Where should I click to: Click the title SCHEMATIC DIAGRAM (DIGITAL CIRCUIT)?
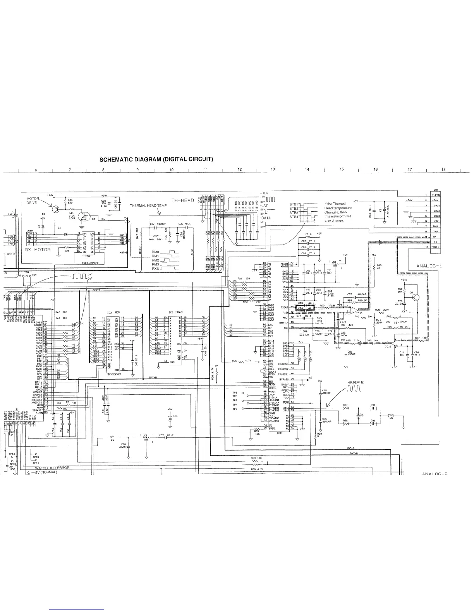tap(157, 159)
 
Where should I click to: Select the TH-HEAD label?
tap(182, 200)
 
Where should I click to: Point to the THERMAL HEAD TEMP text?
tap(148, 205)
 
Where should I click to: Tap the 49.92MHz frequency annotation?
tap(357, 382)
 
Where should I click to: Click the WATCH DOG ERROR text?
tap(52, 467)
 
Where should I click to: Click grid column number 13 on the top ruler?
tap(273, 169)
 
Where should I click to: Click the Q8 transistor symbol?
tap(416, 297)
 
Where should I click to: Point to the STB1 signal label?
tap(293, 204)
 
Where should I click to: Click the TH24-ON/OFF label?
tap(89, 263)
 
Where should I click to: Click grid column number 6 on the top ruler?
tap(36, 169)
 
